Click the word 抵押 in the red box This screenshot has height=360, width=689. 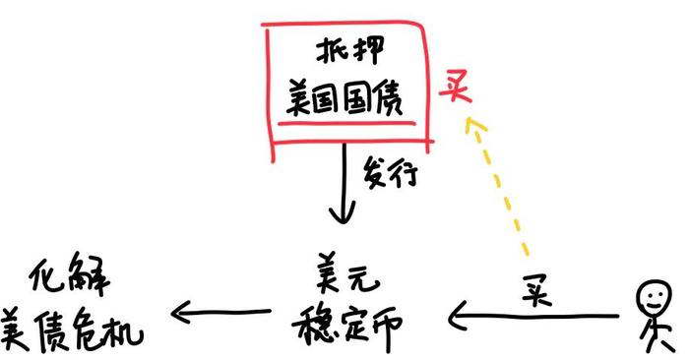point(349,50)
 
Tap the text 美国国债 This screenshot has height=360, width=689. point(344,99)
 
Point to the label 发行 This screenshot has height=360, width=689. point(390,173)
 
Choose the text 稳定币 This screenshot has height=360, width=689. point(347,326)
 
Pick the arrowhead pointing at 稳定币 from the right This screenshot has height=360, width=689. point(457,315)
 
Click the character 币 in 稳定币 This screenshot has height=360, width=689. point(384,329)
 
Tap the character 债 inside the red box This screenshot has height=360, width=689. point(387,99)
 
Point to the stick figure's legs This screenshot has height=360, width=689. point(658,338)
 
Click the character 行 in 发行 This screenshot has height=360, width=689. point(405,175)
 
